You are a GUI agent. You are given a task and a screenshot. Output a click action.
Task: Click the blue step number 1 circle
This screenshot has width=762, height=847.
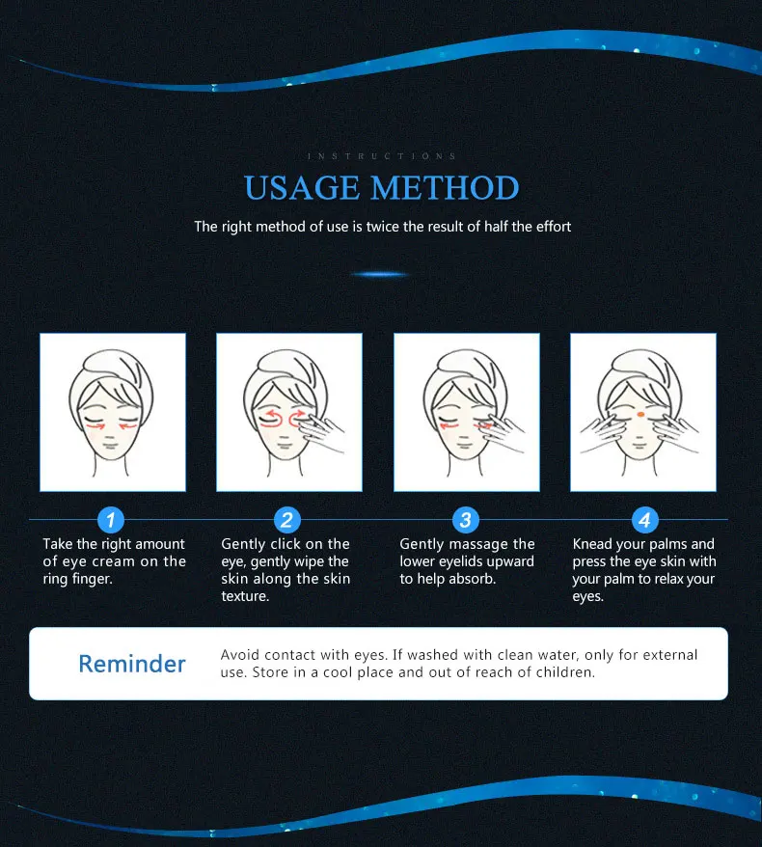pos(111,520)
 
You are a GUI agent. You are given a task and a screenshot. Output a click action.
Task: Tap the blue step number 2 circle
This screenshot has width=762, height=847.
pos(286,520)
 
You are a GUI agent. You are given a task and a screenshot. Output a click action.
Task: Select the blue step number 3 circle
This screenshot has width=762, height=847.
pos(466,520)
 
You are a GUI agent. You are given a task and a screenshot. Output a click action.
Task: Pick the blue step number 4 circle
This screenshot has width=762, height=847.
pos(645,520)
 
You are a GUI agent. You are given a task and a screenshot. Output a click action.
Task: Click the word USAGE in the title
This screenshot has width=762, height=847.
pos(302,187)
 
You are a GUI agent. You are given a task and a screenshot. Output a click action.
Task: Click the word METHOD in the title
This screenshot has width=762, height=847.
pos(445,187)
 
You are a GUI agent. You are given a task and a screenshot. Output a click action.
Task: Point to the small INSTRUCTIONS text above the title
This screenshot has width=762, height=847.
pos(382,156)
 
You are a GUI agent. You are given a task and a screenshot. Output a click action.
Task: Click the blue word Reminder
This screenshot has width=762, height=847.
pos(132,664)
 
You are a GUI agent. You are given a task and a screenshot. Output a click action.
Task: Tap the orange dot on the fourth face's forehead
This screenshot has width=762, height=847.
pos(640,414)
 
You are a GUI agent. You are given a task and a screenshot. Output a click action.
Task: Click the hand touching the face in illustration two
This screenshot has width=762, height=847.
pos(322,433)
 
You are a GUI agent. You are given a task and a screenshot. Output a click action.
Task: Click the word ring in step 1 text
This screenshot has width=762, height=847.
pos(55,580)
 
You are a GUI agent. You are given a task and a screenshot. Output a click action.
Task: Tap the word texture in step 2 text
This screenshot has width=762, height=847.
pos(245,596)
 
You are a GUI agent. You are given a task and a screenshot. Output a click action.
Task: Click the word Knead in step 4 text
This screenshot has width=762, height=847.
pos(592,543)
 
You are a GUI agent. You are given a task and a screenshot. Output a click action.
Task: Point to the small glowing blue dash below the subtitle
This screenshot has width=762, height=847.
pos(380,274)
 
